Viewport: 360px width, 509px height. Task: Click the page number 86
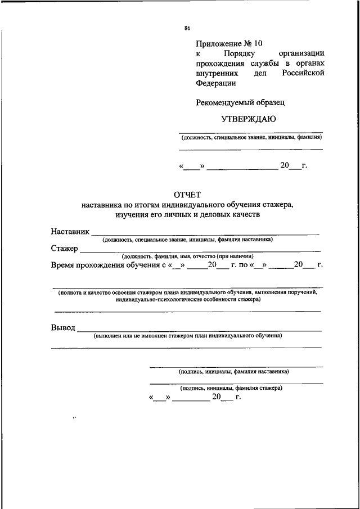(187, 29)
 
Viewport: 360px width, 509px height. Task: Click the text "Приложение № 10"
(229, 43)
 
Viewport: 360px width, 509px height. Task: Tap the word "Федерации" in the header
(216, 83)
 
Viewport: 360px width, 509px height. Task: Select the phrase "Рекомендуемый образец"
(240, 102)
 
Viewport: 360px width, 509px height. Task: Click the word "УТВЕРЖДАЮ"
(250, 119)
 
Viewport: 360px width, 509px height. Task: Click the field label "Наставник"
(70, 232)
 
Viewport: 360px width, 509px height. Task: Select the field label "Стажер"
(64, 248)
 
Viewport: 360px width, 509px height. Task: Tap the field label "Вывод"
(62, 328)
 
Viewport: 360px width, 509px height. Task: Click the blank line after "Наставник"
(205, 233)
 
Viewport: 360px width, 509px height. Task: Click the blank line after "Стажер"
(200, 250)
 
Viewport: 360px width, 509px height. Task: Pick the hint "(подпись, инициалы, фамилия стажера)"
(231, 388)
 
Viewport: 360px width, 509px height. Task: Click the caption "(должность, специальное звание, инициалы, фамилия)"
(251, 137)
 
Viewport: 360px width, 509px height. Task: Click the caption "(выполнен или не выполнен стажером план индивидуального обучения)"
(188, 336)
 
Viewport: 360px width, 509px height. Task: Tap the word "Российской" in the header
(303, 73)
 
